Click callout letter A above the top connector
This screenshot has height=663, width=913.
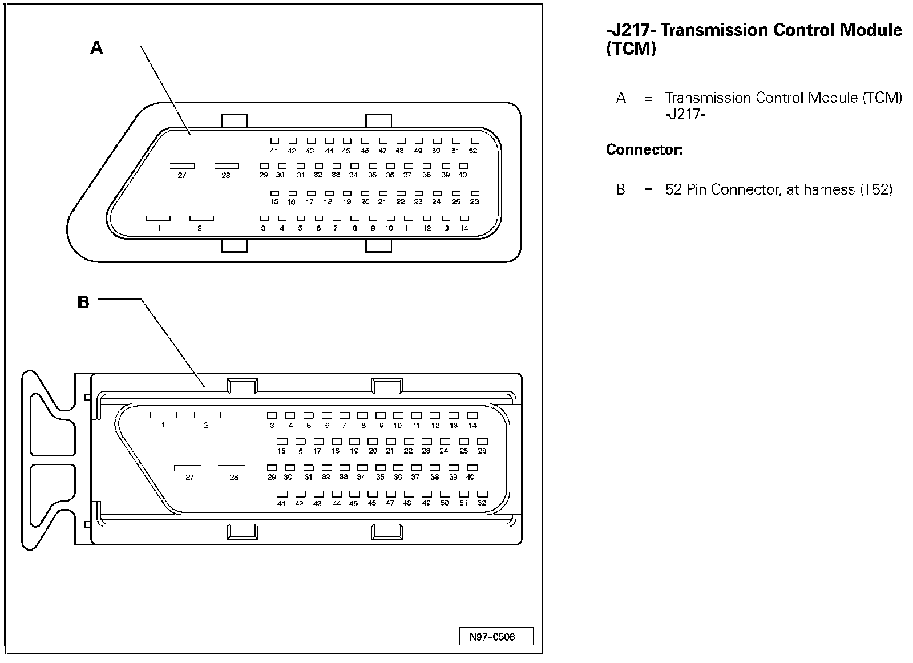97,47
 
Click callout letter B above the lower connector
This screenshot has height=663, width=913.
83,302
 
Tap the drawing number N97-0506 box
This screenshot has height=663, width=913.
496,636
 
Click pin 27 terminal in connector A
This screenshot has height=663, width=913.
182,167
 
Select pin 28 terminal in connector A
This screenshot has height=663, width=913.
227,166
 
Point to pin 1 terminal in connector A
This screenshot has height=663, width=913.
158,218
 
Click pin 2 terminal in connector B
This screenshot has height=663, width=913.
207,415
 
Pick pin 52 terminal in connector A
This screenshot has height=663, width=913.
474,141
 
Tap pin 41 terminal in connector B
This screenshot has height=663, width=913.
282,494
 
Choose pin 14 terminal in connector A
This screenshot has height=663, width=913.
464,219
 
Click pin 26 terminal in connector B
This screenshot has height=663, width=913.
482,442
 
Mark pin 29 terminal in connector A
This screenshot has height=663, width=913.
264,166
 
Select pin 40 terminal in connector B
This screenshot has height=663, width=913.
471,468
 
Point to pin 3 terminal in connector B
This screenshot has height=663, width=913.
272,415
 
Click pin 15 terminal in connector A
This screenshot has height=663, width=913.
275,193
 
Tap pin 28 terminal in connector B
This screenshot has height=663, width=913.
232,468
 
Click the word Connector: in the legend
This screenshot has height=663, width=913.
644,150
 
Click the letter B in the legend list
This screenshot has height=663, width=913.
621,189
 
